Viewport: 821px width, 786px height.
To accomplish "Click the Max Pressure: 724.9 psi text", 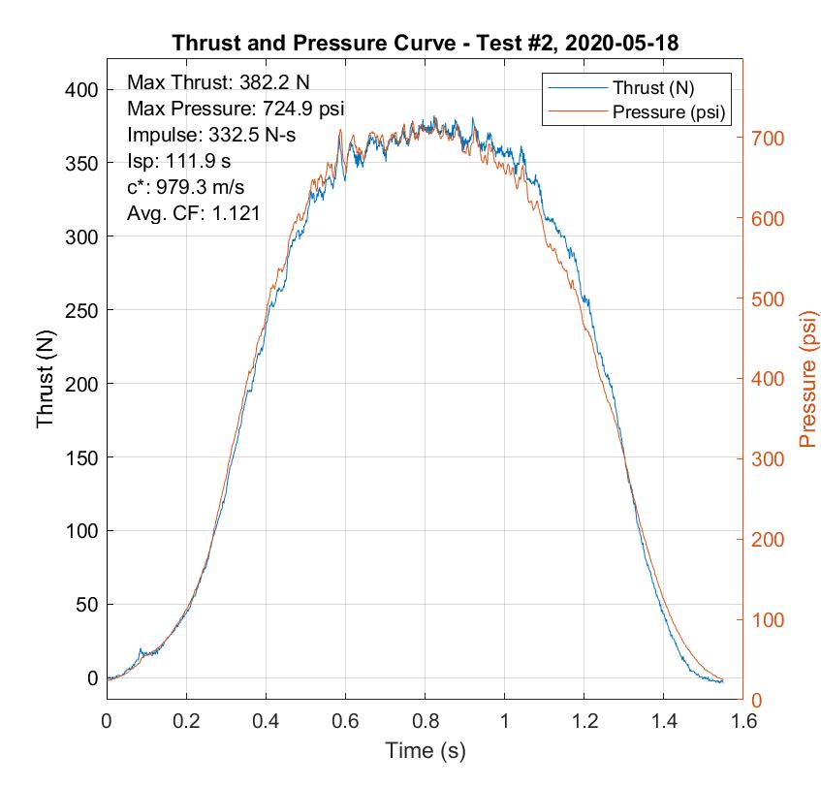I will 236,108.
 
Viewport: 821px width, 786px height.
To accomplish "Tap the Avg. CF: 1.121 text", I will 193,214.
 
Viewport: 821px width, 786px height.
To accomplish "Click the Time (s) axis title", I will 426,750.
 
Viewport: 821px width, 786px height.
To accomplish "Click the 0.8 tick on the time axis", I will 425,721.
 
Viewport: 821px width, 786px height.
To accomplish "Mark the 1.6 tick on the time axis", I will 742,721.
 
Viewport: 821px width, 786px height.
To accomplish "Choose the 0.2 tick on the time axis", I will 186,721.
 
